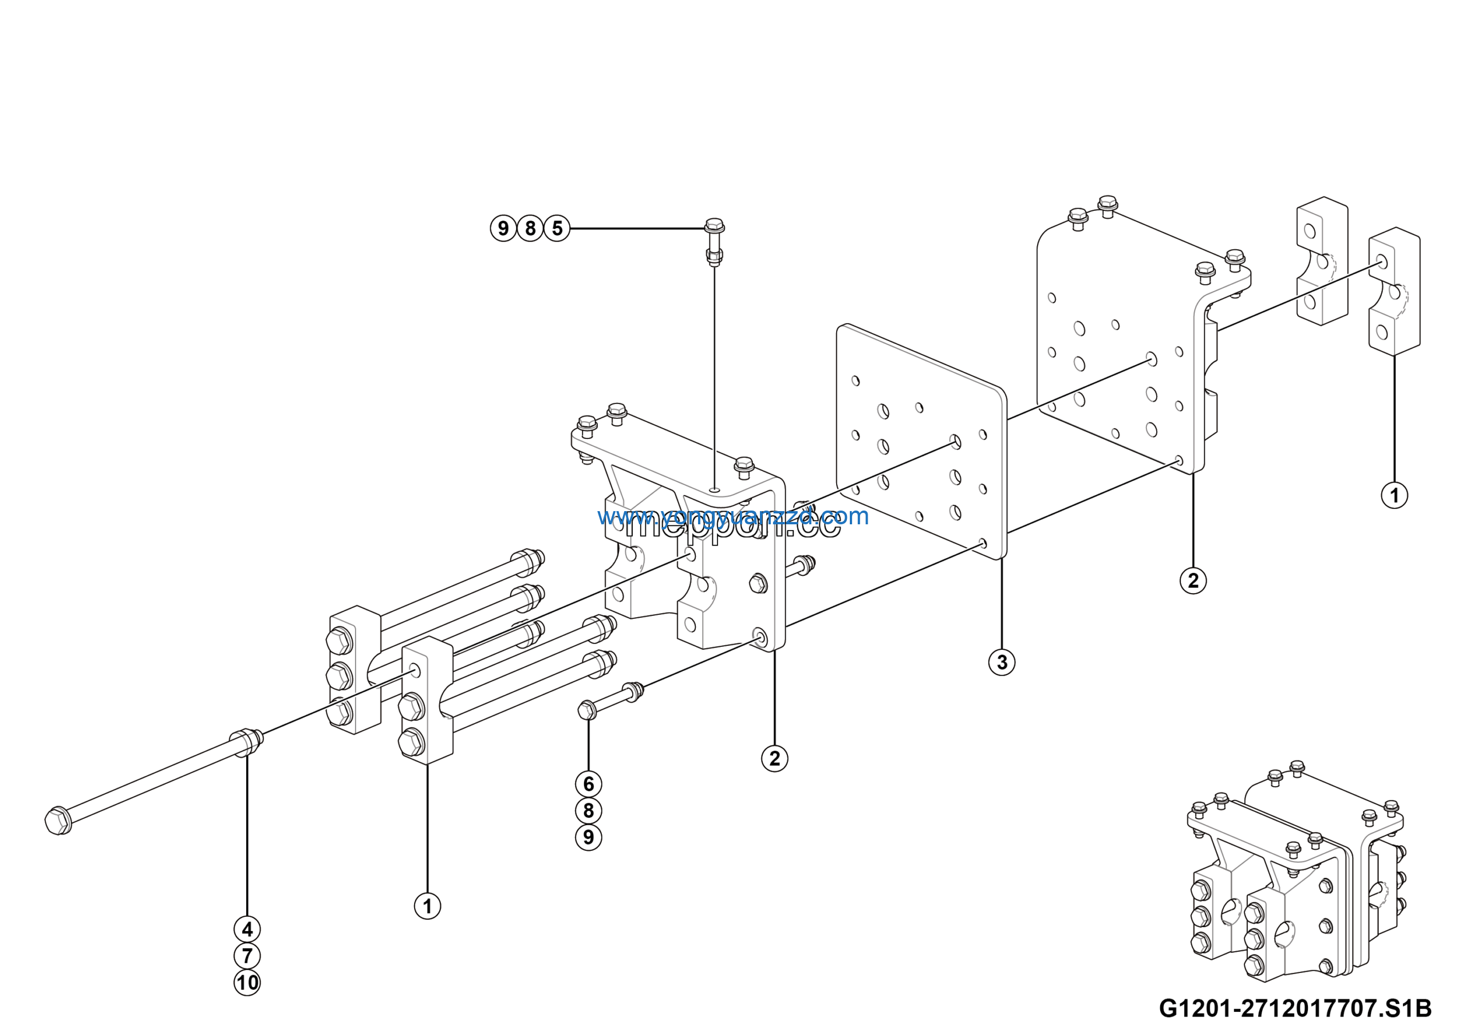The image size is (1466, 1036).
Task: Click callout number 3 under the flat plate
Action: point(1001,662)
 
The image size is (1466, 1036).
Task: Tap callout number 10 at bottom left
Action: point(247,982)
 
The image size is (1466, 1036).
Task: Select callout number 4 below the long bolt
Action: point(247,929)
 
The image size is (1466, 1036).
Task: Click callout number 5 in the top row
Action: point(557,228)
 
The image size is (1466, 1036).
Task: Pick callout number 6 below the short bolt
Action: point(588,784)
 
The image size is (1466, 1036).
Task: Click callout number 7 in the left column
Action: point(247,956)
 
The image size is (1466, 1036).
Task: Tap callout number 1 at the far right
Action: point(1394,495)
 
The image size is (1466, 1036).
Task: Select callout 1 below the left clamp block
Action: point(427,906)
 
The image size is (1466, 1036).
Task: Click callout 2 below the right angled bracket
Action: point(1193,580)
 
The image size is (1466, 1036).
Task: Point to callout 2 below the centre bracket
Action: point(774,758)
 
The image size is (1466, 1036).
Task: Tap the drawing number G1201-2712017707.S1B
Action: point(1295,1008)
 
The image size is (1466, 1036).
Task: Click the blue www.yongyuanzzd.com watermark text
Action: point(733,516)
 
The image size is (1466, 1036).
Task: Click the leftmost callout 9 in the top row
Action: point(503,228)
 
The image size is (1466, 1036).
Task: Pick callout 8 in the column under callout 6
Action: point(588,811)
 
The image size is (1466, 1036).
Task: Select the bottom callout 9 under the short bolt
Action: point(588,837)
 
